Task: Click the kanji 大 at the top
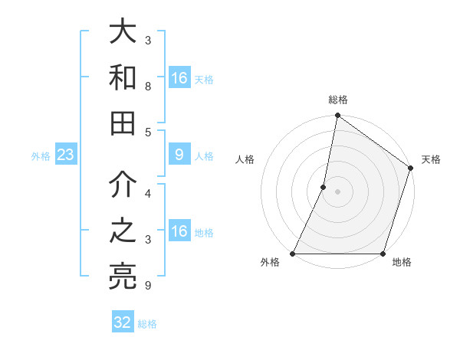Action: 123,33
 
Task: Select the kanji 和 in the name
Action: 123,78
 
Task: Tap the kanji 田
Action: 123,123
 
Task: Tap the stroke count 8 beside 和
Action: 148,87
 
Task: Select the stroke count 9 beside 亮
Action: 148,286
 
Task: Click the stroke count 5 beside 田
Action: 148,132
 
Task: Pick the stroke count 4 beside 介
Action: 148,194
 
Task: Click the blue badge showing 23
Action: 65,155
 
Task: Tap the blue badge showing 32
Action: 123,322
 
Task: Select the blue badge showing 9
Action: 179,155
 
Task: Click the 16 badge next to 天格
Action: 179,78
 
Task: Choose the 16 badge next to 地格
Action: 179,232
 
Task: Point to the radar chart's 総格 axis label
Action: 337,100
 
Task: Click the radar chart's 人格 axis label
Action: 245,159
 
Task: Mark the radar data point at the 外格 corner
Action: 293,254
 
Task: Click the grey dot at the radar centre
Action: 337,191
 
